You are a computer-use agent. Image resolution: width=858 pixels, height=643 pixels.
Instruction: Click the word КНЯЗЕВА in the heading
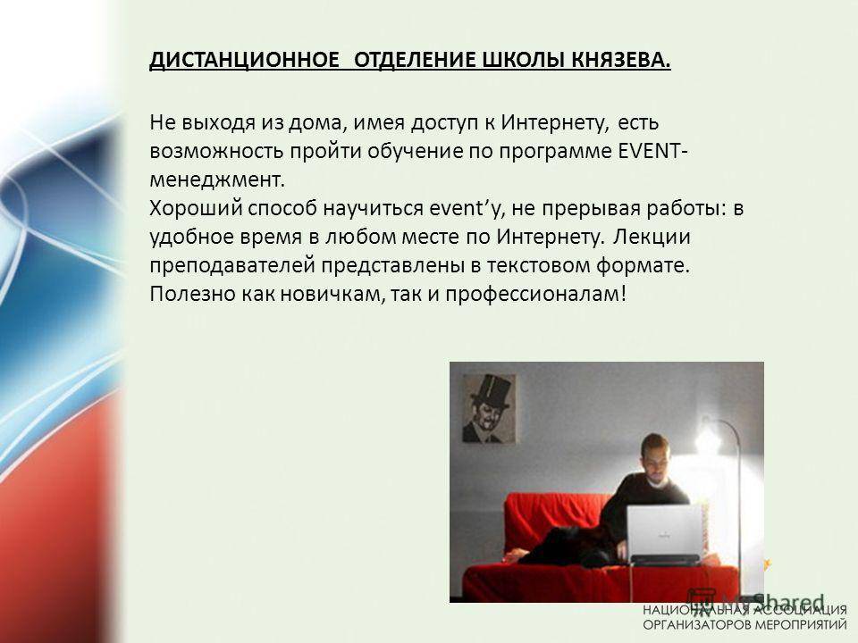[x=621, y=60]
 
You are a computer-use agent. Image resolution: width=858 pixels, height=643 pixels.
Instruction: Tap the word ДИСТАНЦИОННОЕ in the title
[x=245, y=60]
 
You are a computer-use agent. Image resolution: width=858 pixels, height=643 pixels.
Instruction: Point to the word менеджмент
[x=217, y=180]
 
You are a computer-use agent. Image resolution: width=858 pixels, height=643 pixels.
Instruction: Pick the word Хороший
[x=196, y=208]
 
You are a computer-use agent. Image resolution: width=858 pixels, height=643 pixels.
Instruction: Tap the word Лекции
[x=652, y=238]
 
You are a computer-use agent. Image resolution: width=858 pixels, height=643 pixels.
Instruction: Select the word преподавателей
[x=232, y=266]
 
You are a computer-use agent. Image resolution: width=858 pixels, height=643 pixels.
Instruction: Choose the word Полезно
[x=193, y=294]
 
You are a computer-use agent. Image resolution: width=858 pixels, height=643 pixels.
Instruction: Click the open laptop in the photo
[x=664, y=534]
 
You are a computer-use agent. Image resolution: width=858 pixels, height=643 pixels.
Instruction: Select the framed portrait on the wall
[x=489, y=408]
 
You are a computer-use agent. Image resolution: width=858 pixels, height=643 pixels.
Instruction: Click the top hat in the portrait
[x=489, y=393]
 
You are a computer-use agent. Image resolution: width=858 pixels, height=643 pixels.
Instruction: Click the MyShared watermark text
[x=772, y=601]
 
